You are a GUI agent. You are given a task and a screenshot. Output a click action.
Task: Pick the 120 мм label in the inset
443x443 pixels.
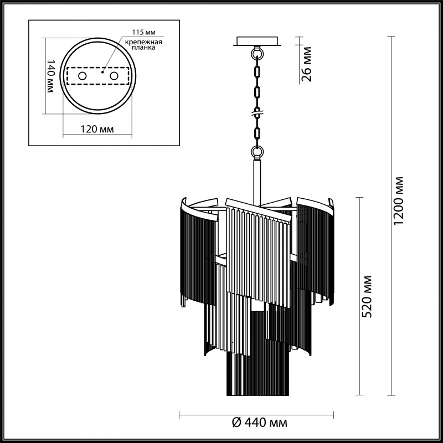click(x=97, y=130)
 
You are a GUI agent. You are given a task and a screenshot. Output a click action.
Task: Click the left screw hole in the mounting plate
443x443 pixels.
click(x=81, y=75)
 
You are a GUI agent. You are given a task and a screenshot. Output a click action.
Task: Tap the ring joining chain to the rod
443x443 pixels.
click(x=257, y=150)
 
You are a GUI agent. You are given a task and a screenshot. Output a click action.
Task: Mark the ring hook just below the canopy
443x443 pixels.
click(x=257, y=54)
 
